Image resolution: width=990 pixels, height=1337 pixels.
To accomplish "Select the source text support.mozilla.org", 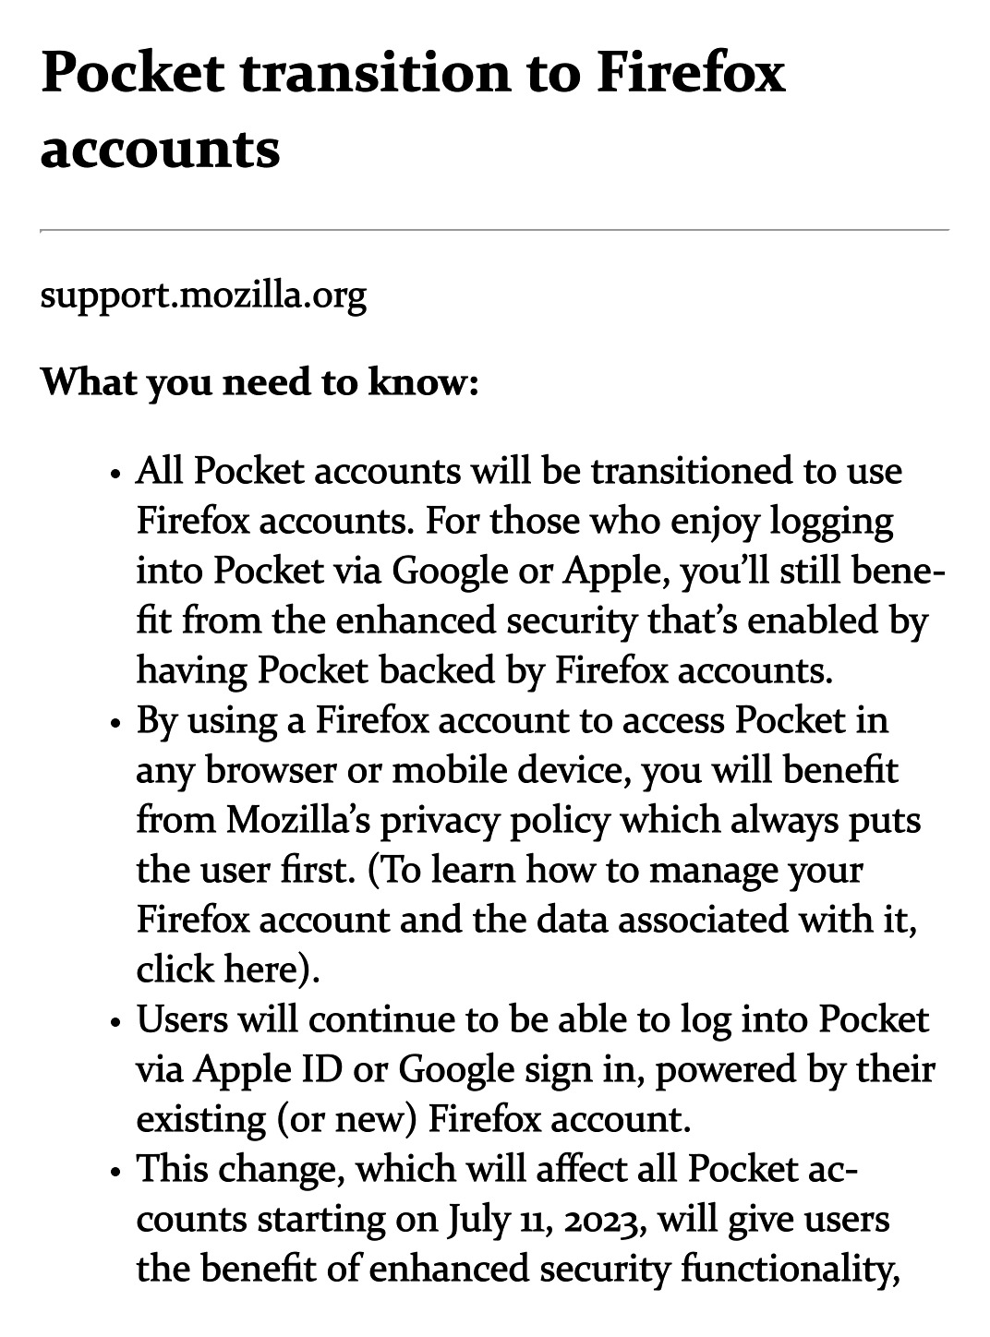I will tap(203, 296).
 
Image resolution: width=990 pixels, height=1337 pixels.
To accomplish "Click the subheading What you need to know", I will tap(260, 382).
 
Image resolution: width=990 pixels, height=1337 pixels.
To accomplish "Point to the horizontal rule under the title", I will tap(494, 229).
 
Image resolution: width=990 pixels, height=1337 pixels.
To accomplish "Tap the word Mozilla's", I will tap(295, 820).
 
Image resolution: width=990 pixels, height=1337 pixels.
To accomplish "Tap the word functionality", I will tap(791, 1270).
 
